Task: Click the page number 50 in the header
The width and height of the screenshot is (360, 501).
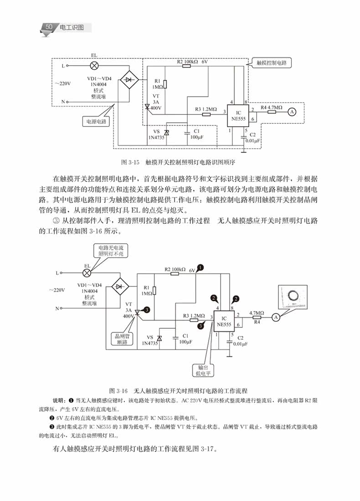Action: point(49,27)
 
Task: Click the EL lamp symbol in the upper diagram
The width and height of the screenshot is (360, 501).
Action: point(94,66)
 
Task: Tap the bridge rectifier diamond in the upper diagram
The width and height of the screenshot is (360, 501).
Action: point(129,80)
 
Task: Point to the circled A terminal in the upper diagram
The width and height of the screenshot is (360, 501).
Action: point(291,112)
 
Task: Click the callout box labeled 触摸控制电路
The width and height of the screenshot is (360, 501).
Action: point(272,63)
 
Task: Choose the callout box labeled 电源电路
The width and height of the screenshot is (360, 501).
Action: point(96,122)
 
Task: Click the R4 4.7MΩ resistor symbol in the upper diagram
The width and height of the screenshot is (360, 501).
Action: point(272,112)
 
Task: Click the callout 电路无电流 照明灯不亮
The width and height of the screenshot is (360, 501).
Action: point(111,251)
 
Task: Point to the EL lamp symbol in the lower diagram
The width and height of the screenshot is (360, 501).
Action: point(87,273)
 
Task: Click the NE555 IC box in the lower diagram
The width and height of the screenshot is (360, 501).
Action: point(224,321)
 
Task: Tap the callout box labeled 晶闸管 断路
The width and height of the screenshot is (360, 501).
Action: point(122,339)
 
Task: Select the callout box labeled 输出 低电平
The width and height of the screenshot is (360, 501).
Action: point(203,370)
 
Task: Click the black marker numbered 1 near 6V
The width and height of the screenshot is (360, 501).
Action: point(201,268)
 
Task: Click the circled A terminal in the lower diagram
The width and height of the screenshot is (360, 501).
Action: point(275,317)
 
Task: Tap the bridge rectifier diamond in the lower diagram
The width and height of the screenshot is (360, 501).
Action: point(120,287)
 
